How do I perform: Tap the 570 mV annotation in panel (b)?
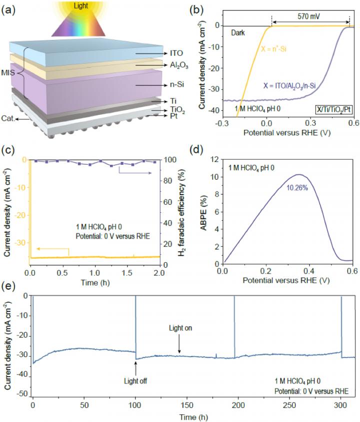310,16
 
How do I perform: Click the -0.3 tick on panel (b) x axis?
223,121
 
